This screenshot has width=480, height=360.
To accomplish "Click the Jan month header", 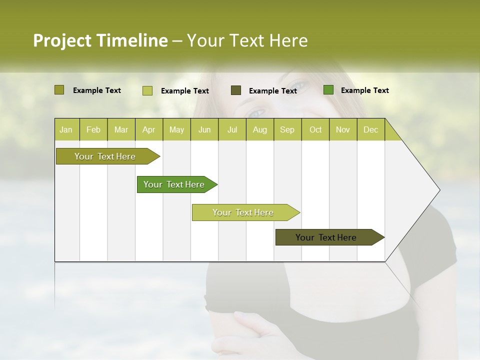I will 66,129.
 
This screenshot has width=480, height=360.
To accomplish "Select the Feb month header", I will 93,129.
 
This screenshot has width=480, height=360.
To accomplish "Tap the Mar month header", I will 121,129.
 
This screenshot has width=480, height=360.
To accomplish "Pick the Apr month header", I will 148,129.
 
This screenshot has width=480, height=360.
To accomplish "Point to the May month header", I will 176,129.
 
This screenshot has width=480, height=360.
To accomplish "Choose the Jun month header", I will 204,129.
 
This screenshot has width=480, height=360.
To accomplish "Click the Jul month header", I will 232,129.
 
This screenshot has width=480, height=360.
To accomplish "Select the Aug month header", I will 259,129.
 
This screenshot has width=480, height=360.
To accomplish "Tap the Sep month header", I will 287,129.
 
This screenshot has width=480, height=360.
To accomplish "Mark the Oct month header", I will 315,129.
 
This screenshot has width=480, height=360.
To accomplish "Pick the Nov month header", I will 343,129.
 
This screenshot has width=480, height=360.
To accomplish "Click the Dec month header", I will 370,129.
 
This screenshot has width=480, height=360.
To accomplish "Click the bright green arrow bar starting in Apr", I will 175,184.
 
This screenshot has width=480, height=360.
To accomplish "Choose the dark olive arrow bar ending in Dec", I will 327,237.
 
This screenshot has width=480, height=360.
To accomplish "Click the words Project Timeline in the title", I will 100,40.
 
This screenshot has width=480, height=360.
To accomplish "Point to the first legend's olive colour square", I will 59,90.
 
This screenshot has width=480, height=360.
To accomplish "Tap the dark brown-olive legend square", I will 236,90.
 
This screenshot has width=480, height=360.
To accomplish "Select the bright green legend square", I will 328,90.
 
